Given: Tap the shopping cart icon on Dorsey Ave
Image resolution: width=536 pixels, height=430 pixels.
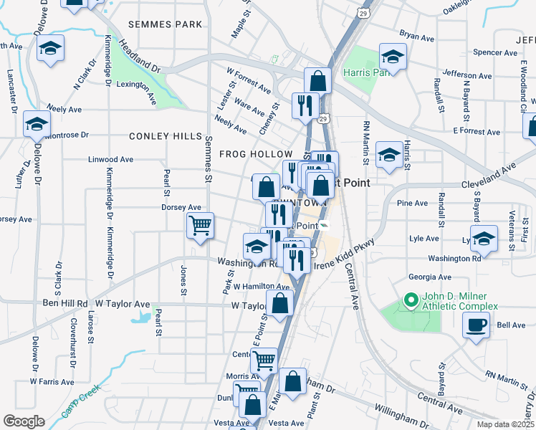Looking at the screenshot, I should [x=200, y=226].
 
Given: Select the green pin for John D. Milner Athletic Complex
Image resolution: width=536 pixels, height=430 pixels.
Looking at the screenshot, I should [x=411, y=300].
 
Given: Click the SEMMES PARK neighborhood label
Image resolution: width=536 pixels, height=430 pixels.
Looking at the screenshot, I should [x=165, y=24].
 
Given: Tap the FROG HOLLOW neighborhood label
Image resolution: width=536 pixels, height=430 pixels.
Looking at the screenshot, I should [x=256, y=154].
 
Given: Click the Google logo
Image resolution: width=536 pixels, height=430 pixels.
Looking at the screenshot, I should [x=24, y=421].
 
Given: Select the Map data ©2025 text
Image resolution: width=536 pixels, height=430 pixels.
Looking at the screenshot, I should [x=504, y=424].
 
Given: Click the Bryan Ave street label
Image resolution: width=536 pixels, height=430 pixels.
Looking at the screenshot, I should [x=418, y=34].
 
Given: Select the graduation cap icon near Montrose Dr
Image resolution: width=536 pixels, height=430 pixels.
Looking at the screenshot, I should [x=36, y=125].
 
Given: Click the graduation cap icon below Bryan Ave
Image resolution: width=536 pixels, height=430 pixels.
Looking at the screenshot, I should [x=392, y=57].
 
